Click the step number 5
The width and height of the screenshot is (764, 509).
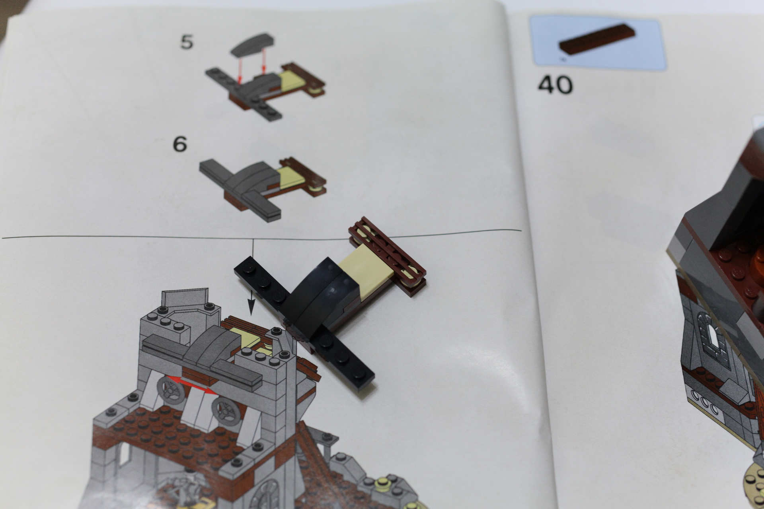tap(187, 42)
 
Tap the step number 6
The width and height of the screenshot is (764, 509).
tap(180, 144)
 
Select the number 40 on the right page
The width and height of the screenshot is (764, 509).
tap(555, 85)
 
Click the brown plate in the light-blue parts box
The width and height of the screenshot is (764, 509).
tap(597, 39)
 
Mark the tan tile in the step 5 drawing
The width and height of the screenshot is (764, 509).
tap(292, 79)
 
